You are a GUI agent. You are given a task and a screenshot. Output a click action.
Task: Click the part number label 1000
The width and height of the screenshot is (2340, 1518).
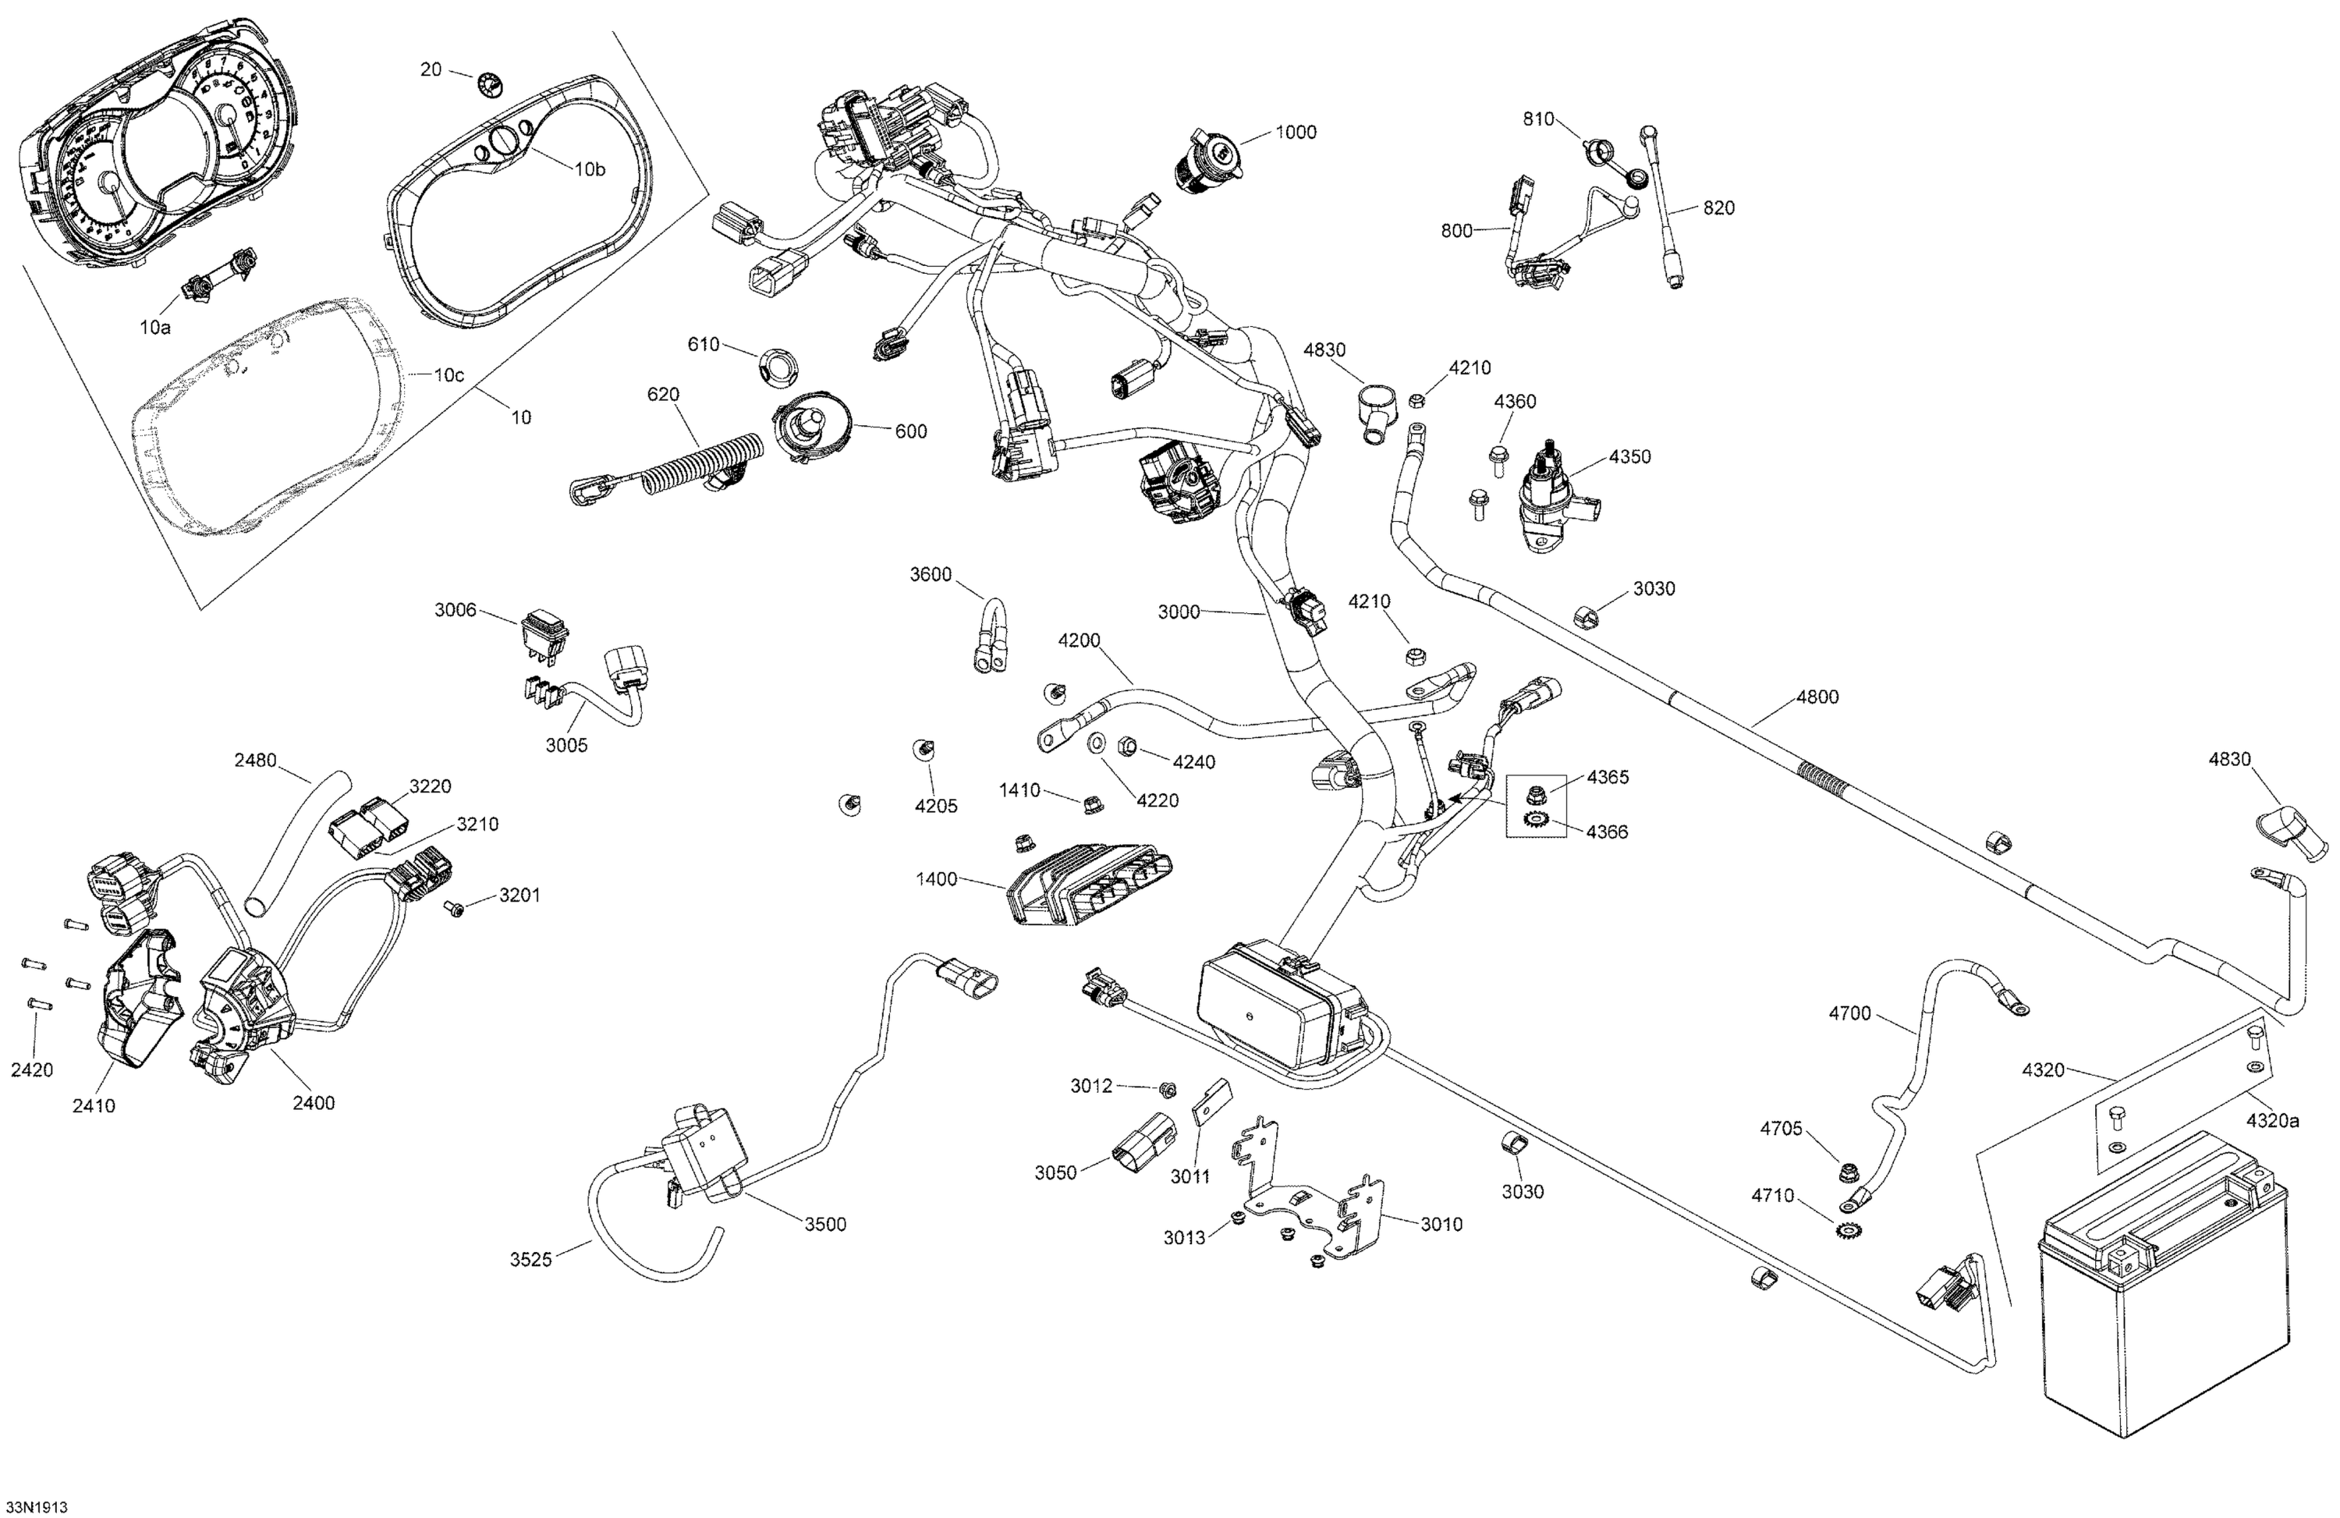pyautogui.click(x=1296, y=133)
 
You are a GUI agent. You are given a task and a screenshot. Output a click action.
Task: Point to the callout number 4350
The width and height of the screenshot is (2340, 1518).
pyautogui.click(x=1629, y=457)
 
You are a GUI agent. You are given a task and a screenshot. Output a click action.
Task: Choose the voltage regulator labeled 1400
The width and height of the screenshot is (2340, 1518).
pyautogui.click(x=1090, y=882)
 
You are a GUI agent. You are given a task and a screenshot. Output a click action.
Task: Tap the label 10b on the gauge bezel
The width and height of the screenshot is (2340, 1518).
pyautogui.click(x=589, y=169)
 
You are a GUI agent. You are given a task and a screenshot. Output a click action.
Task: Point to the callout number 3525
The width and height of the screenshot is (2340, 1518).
pyautogui.click(x=531, y=1260)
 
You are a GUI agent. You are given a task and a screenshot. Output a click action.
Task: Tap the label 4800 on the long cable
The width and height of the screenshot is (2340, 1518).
pyautogui.click(x=1817, y=697)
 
